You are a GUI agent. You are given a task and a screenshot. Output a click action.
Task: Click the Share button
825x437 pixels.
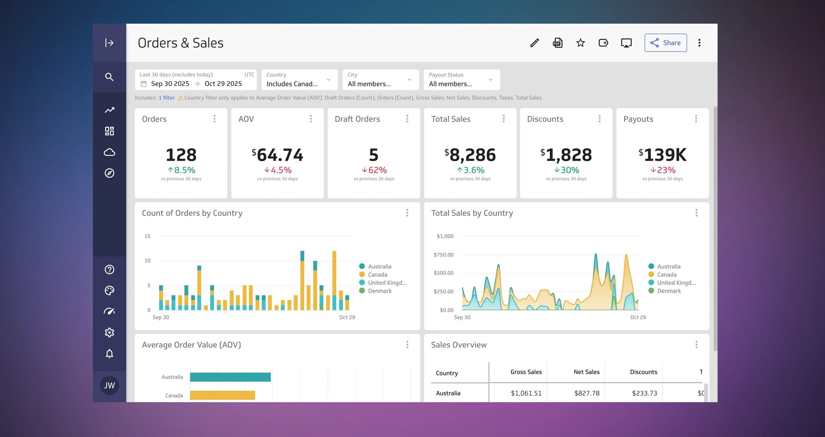pos(665,43)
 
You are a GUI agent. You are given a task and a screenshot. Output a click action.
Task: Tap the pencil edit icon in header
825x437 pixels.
pos(535,43)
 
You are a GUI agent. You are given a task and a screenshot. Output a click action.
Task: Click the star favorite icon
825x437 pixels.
pos(581,43)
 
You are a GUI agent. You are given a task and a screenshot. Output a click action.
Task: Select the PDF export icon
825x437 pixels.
pos(557,43)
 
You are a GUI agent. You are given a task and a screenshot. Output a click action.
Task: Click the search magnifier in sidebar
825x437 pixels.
pos(110,77)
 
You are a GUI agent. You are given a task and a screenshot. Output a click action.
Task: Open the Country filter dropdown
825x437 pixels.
pos(299,80)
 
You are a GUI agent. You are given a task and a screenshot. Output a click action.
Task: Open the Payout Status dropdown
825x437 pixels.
pos(461,80)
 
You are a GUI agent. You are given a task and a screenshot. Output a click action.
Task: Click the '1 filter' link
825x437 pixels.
pos(167,98)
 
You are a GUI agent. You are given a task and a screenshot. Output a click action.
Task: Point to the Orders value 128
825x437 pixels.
pos(181,155)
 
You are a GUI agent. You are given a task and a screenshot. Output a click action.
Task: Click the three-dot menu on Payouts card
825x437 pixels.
pos(696,119)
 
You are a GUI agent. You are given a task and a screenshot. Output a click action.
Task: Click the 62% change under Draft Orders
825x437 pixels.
pos(374,170)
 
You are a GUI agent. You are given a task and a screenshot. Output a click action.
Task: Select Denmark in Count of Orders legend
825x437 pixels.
pos(379,291)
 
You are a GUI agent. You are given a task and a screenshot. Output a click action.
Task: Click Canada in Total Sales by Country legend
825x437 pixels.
pos(666,275)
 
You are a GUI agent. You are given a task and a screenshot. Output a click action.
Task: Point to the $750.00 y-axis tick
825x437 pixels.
pos(443,255)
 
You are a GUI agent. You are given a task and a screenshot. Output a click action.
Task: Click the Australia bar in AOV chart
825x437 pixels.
pos(230,377)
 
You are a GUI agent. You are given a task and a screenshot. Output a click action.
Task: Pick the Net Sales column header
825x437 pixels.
pos(586,372)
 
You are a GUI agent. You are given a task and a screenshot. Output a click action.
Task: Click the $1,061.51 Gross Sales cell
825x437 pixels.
pos(526,393)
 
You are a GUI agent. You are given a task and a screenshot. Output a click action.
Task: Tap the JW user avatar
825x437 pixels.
pos(110,385)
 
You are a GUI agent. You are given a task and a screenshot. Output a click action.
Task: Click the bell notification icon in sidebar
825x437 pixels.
pos(110,354)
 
